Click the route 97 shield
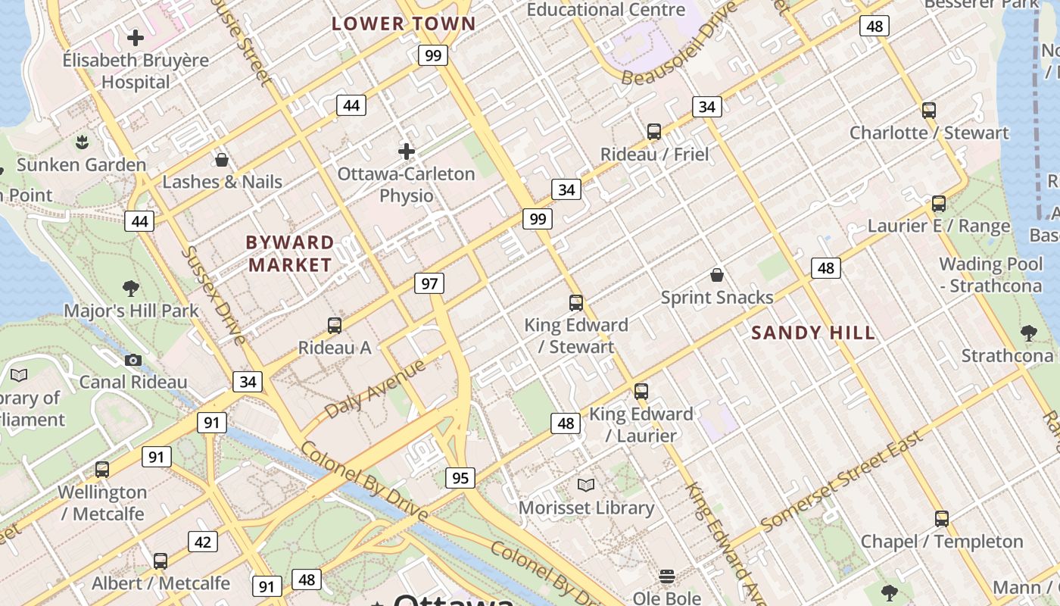click(x=429, y=284)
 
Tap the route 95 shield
click(x=460, y=478)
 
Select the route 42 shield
click(x=203, y=542)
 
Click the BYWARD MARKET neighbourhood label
click(x=290, y=254)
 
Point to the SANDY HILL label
click(x=813, y=333)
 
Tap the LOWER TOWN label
click(x=404, y=23)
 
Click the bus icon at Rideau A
click(x=335, y=326)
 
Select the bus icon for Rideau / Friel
click(x=654, y=132)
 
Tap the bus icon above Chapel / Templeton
click(x=941, y=519)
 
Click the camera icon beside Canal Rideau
click(x=133, y=360)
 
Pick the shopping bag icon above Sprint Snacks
click(x=716, y=275)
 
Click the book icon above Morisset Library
click(x=586, y=485)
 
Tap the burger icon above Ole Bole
click(x=666, y=576)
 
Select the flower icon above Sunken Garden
click(x=81, y=142)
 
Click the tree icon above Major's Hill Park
click(x=131, y=288)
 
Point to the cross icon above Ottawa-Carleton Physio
click(x=407, y=151)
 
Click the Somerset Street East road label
click(x=842, y=481)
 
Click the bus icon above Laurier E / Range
click(x=939, y=204)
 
